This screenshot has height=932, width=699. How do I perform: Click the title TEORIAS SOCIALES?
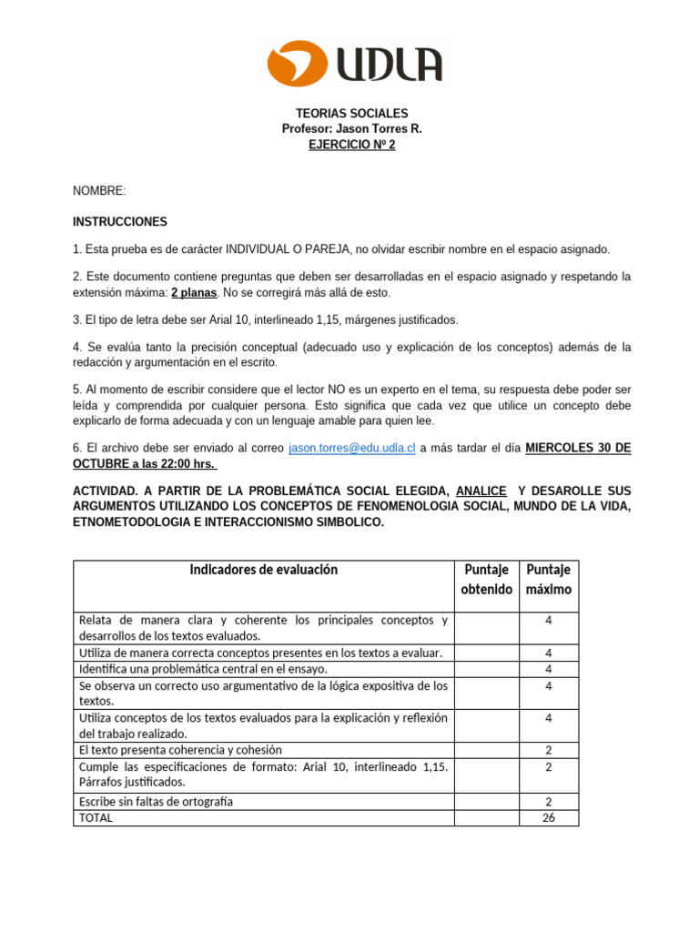351,114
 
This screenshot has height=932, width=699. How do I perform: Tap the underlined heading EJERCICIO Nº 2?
351,145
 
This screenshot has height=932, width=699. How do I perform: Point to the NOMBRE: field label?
99,190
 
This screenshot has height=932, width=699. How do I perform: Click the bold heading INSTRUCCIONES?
120,221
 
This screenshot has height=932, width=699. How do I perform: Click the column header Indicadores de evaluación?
263,570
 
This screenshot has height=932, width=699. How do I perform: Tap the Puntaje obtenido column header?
488,580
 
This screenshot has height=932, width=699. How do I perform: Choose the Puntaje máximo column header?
549,580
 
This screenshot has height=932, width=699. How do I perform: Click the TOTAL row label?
96,817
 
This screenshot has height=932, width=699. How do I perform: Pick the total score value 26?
549,817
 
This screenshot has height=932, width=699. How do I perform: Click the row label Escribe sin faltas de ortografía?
157,801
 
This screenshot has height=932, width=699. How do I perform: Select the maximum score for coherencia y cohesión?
549,750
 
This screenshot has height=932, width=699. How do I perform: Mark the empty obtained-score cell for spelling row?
487,801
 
